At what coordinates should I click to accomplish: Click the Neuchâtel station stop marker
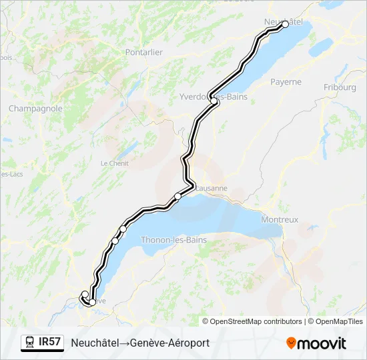pyautogui.click(x=285, y=24)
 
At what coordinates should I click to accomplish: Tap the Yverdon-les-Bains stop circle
pyautogui.click(x=214, y=101)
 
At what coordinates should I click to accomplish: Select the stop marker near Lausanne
pyautogui.click(x=177, y=196)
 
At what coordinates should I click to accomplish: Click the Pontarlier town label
pyautogui.click(x=143, y=52)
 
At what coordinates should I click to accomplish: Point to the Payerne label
pyautogui.click(x=286, y=82)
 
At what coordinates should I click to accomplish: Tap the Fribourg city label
pyautogui.click(x=340, y=87)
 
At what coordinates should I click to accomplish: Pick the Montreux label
pyautogui.click(x=280, y=219)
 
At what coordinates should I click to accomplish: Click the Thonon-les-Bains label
pyautogui.click(x=173, y=240)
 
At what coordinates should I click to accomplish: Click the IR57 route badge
pyautogui.click(x=49, y=342)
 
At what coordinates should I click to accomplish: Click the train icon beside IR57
pyautogui.click(x=29, y=343)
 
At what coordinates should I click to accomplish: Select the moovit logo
pyautogui.click(x=316, y=343)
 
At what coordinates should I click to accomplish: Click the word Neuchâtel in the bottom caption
pyautogui.click(x=95, y=343)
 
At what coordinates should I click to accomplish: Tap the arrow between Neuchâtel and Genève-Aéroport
pyautogui.click(x=124, y=343)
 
